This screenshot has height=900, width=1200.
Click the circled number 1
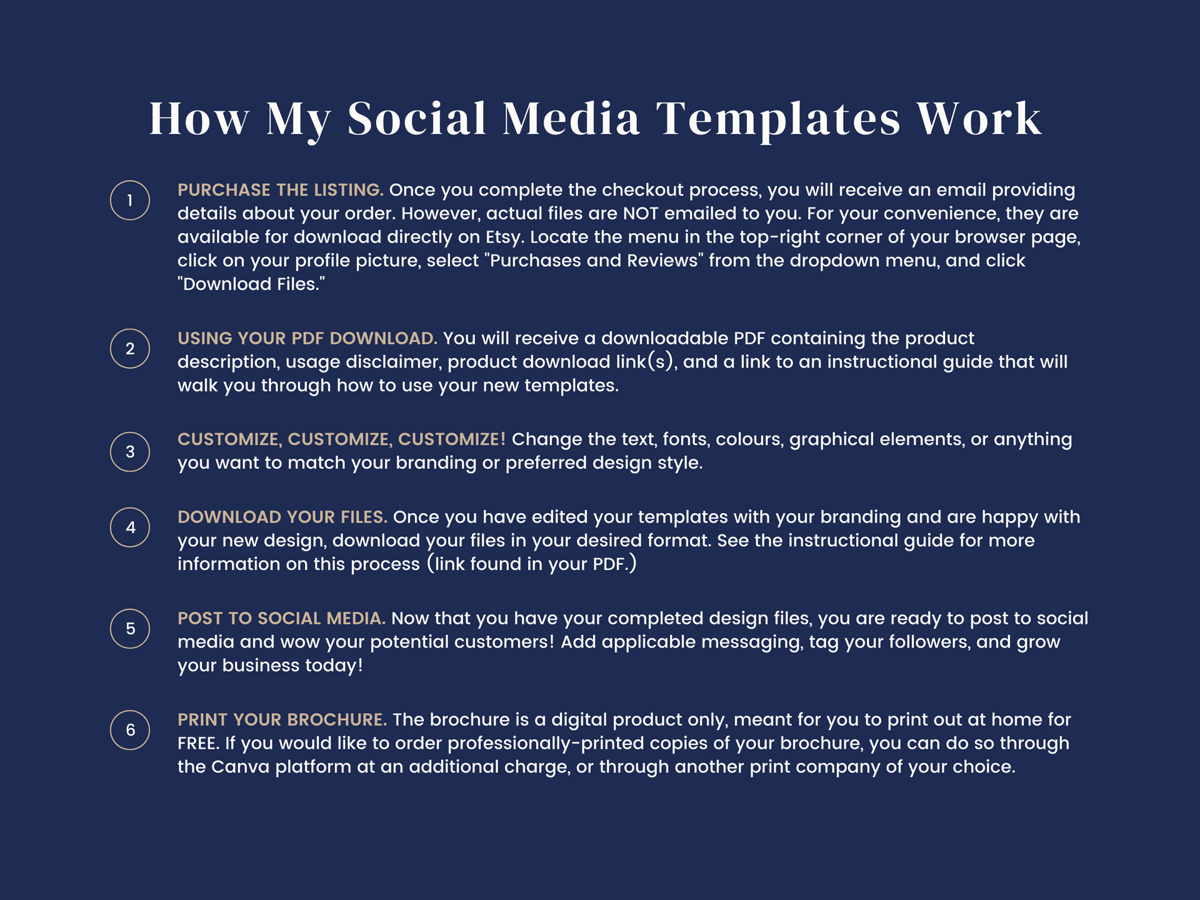tap(130, 200)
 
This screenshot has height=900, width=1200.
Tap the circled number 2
tap(130, 348)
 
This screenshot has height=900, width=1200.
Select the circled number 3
tap(130, 451)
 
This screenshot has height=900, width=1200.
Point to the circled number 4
tap(130, 527)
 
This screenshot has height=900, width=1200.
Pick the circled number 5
tap(130, 628)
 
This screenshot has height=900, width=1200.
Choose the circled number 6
tap(130, 729)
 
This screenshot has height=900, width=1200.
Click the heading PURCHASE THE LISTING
tap(281, 190)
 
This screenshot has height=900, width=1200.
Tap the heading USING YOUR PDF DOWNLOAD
tap(307, 338)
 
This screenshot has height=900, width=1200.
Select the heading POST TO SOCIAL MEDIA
tap(281, 618)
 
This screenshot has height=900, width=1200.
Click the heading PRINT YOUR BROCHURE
tap(282, 719)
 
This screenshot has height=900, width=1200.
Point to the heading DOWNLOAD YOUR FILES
tap(282, 517)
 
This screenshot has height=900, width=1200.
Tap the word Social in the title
tap(417, 118)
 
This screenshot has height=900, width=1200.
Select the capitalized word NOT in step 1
tap(641, 214)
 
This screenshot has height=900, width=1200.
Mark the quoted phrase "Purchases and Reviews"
tap(594, 261)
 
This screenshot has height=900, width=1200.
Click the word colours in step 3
tap(749, 439)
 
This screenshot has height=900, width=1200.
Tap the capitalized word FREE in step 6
tap(196, 744)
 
